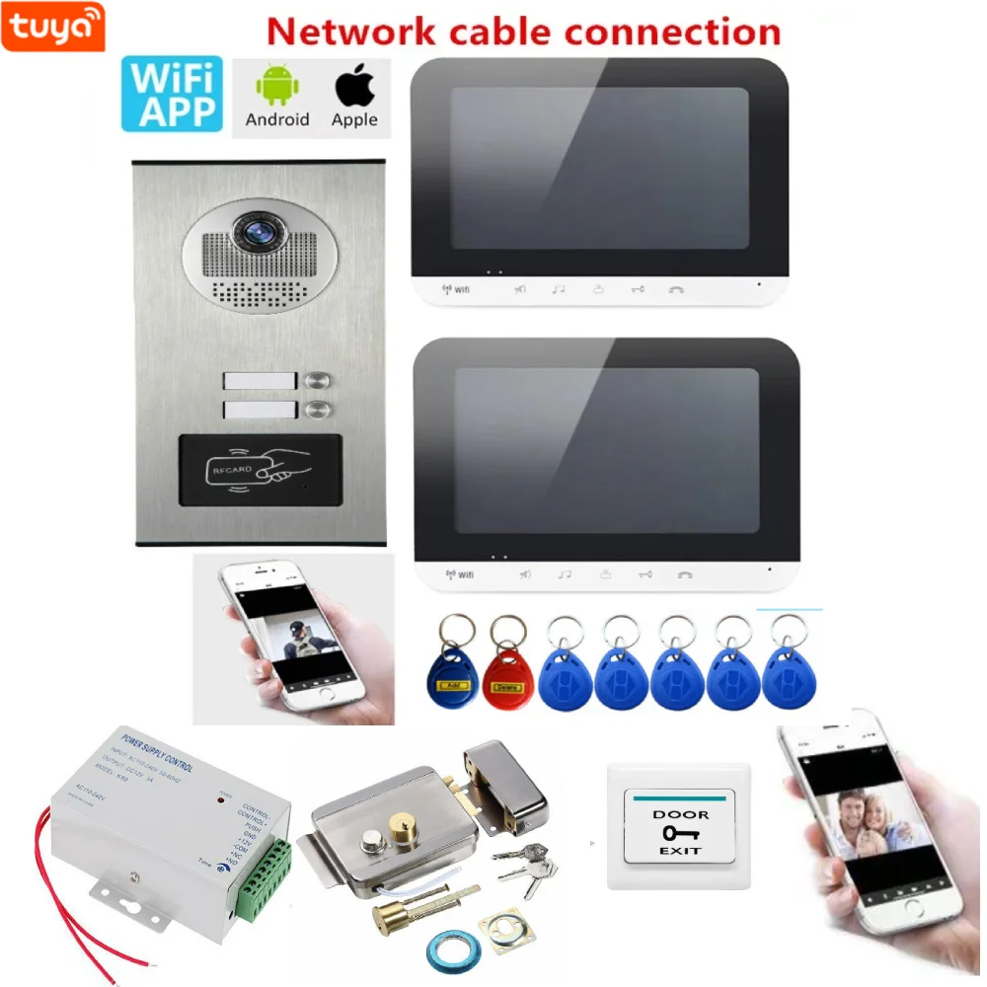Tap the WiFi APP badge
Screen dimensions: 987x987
171,94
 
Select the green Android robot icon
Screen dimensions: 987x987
276,88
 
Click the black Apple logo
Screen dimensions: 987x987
354,87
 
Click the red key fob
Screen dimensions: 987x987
505,676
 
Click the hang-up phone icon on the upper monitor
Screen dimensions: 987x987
675,290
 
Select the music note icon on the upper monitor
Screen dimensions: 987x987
559,290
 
